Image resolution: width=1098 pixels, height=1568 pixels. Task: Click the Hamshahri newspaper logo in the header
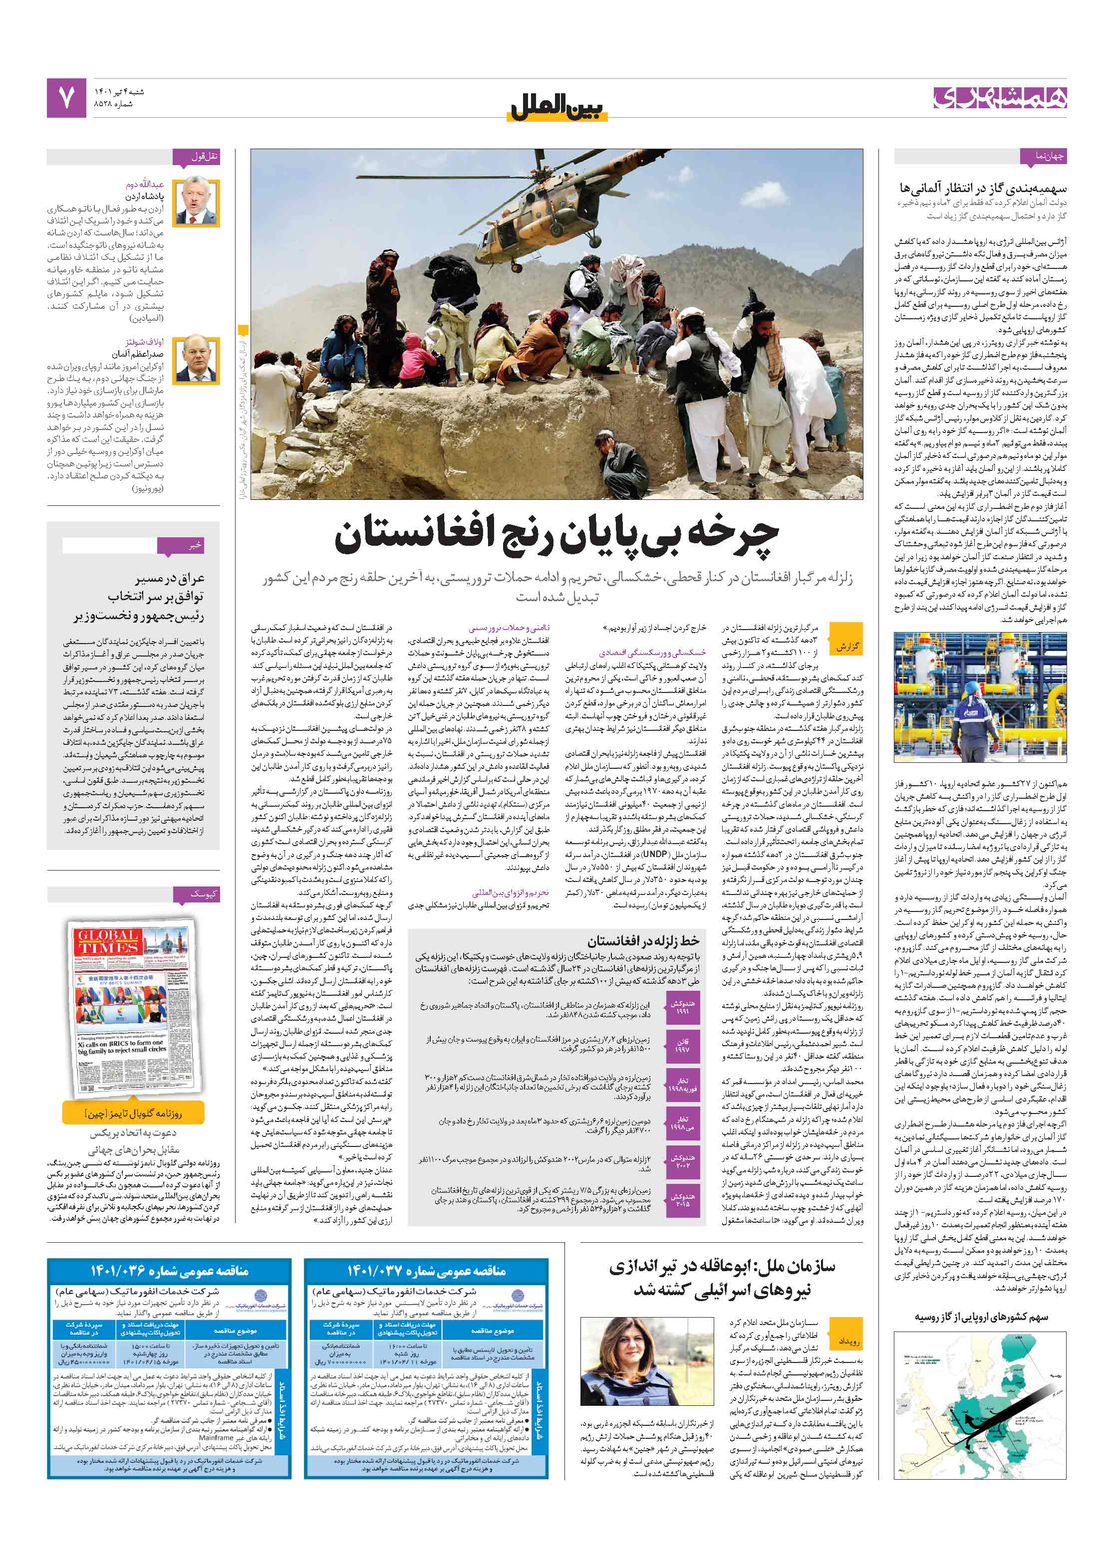(x=1000, y=98)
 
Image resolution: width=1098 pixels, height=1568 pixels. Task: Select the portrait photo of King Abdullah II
(x=196, y=202)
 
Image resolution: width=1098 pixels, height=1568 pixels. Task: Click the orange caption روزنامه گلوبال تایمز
(x=134, y=1113)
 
